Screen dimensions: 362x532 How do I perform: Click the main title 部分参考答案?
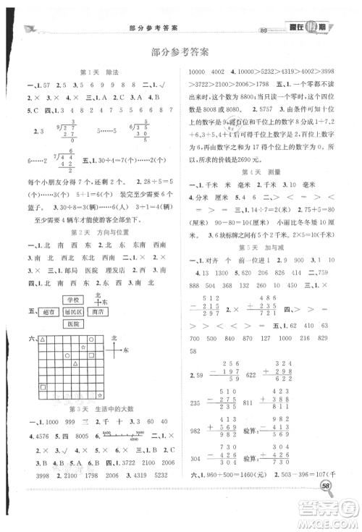coord(180,51)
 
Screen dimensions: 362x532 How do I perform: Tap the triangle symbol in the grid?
coord(43,339)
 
